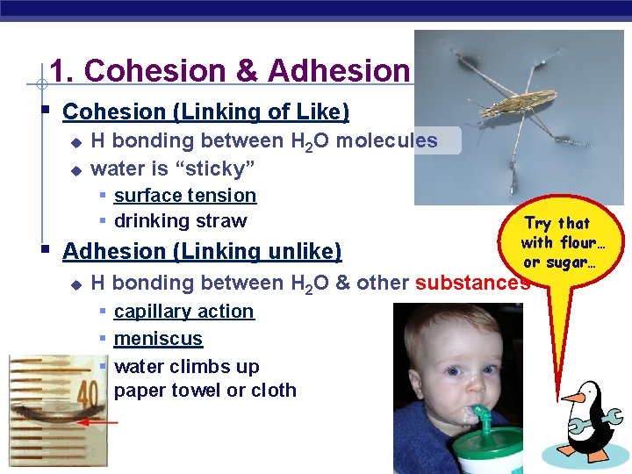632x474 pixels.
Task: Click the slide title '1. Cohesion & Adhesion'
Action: (x=230, y=70)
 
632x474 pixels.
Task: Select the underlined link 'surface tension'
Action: (x=185, y=196)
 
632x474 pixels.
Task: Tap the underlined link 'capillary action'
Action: (x=184, y=312)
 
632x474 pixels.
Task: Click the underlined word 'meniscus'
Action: (x=158, y=339)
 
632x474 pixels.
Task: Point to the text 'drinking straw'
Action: (x=181, y=221)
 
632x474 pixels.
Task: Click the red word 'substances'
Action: (x=472, y=283)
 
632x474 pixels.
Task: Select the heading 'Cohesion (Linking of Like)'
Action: (x=206, y=112)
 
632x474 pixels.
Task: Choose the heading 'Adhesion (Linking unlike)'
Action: (x=202, y=252)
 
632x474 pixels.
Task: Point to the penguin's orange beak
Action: (x=573, y=398)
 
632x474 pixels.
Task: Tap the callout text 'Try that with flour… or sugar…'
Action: (x=557, y=242)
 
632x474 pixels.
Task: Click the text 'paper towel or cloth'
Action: (x=205, y=391)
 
